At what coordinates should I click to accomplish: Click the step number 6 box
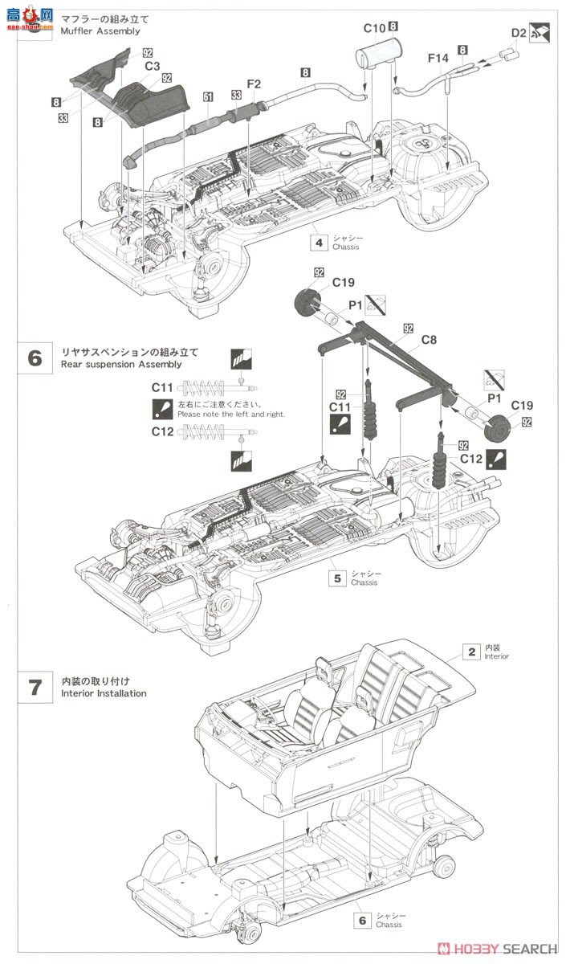[x=34, y=357]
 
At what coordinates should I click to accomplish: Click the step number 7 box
[x=34, y=687]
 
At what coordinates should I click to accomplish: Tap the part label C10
[x=374, y=28]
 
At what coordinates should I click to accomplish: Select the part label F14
[x=438, y=58]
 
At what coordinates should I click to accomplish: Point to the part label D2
[x=519, y=33]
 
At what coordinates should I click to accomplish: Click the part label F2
[x=254, y=84]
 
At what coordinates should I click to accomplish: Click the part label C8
[x=429, y=340]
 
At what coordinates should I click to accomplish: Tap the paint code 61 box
[x=208, y=96]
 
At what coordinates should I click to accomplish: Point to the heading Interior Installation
[x=104, y=693]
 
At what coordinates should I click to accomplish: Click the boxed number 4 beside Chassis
[x=319, y=242]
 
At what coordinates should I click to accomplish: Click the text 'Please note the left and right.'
[x=231, y=415]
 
